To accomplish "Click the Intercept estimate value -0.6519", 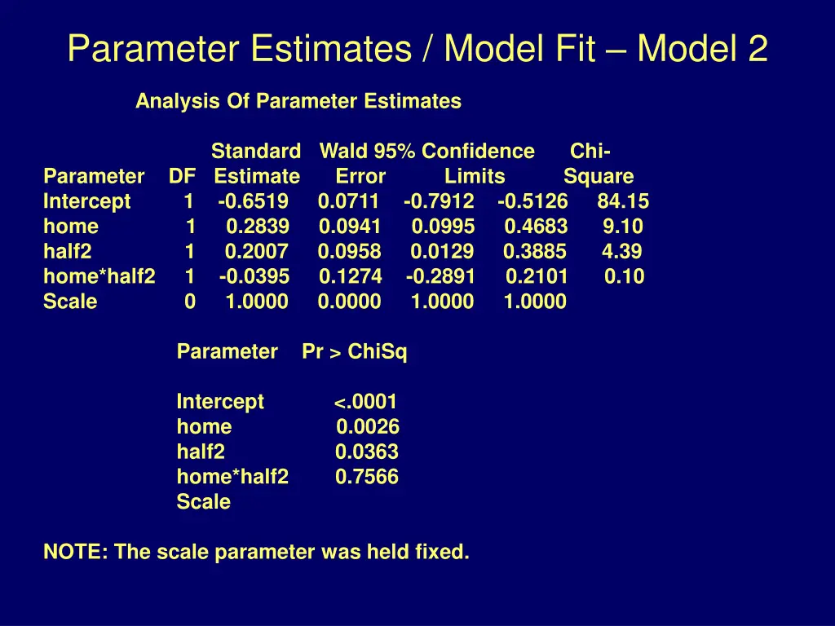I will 254,202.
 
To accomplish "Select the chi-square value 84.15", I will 623,202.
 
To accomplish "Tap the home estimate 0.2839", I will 257,227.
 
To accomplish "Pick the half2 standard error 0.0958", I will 350,252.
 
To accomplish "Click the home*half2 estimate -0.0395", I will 254,277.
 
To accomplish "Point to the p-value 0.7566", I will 367,477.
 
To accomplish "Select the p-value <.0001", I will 365,402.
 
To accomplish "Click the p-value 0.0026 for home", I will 368,427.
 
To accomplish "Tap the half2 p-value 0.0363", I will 367,452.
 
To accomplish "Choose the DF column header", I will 182,177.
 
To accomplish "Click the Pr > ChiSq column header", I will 355,352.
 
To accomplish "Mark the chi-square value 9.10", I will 623,227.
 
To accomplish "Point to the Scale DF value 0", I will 190,302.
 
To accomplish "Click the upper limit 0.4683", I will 536,227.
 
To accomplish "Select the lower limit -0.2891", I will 440,277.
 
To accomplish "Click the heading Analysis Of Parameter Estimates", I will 298,102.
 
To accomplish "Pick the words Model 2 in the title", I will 702,49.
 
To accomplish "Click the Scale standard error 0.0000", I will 349,302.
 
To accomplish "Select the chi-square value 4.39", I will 622,252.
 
